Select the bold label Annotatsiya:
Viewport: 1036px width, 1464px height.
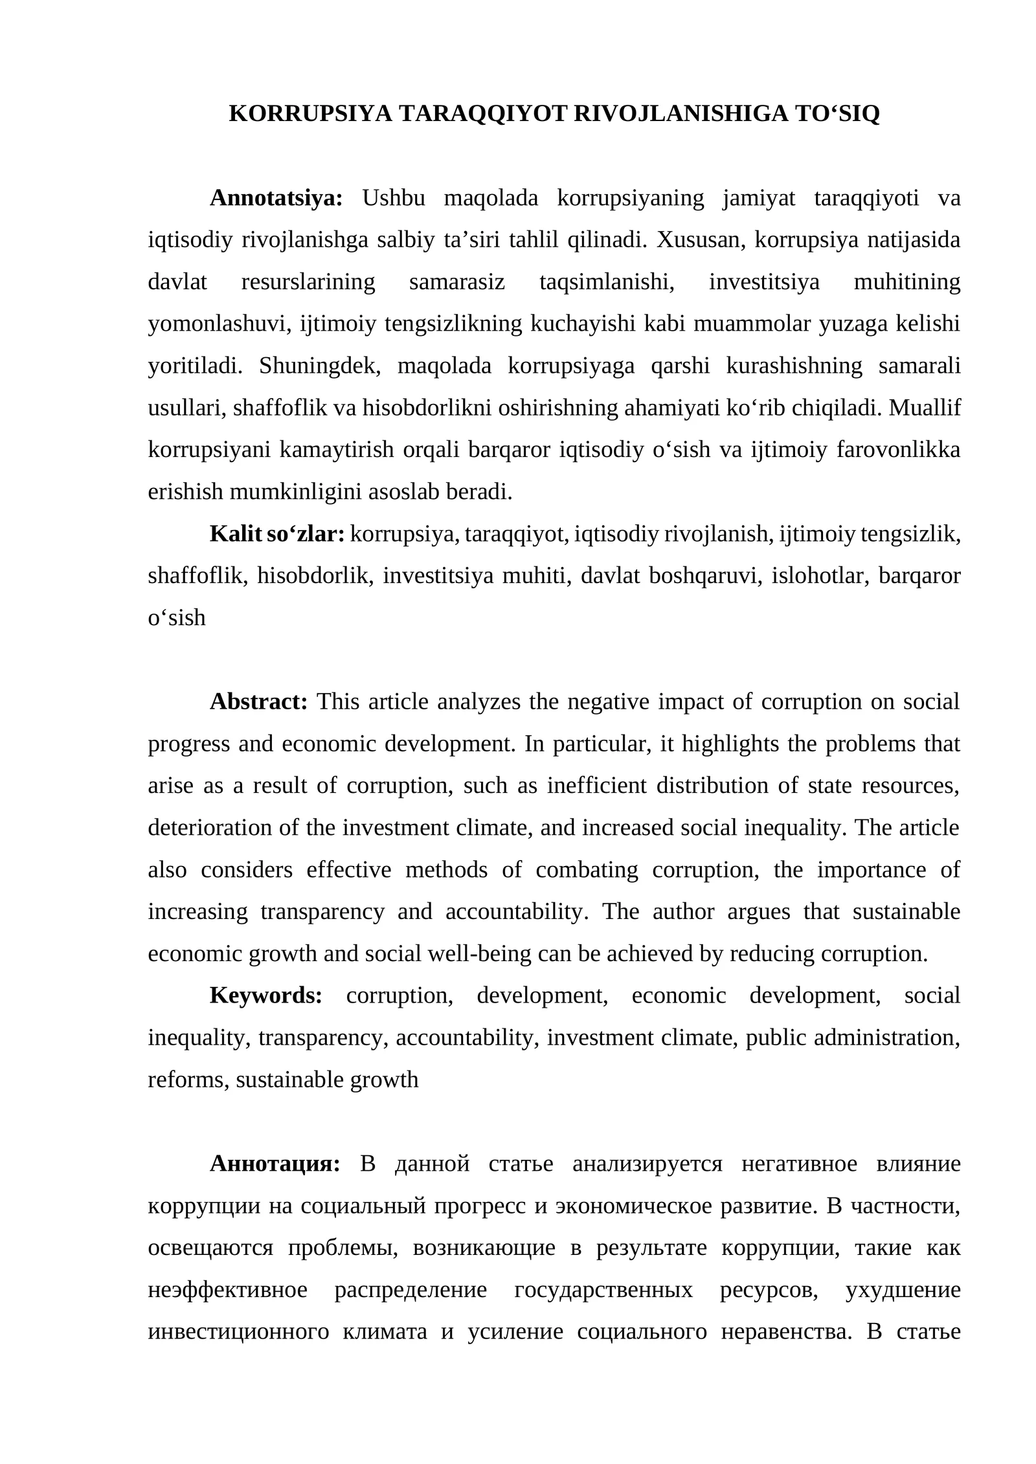point(276,198)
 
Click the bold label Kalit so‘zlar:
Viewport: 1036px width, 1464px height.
point(277,534)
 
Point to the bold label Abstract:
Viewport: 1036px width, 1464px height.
point(258,702)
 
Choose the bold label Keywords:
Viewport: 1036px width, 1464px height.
point(265,996)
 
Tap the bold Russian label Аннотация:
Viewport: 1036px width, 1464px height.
point(275,1164)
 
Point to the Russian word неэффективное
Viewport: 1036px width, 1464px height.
point(227,1290)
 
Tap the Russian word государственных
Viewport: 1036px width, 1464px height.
point(603,1290)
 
